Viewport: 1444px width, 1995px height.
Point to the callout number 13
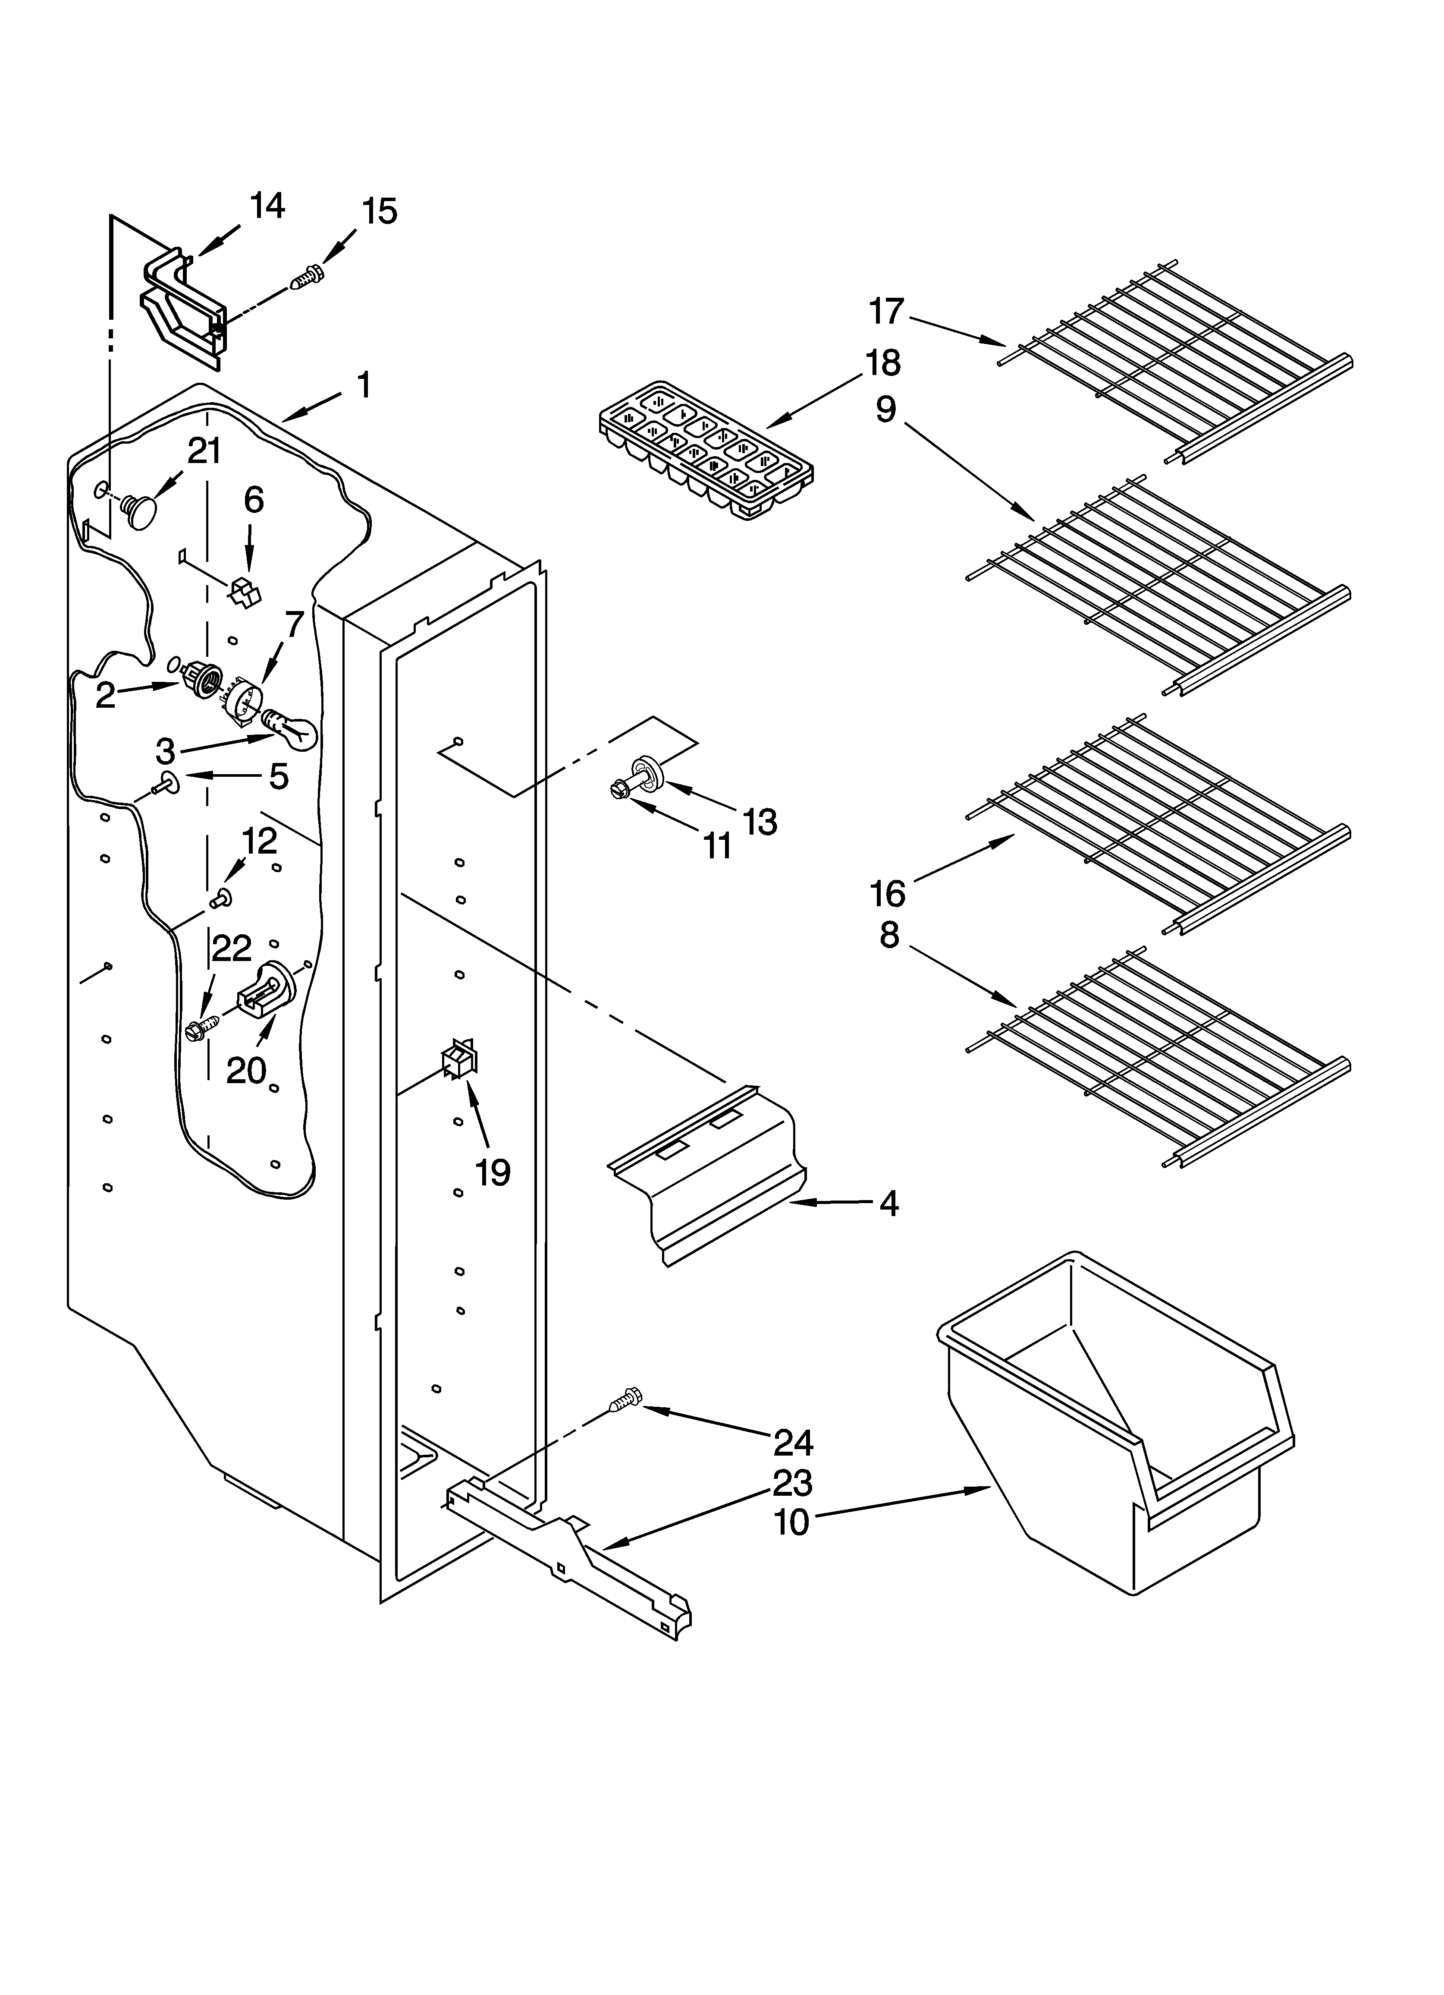pyautogui.click(x=760, y=823)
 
